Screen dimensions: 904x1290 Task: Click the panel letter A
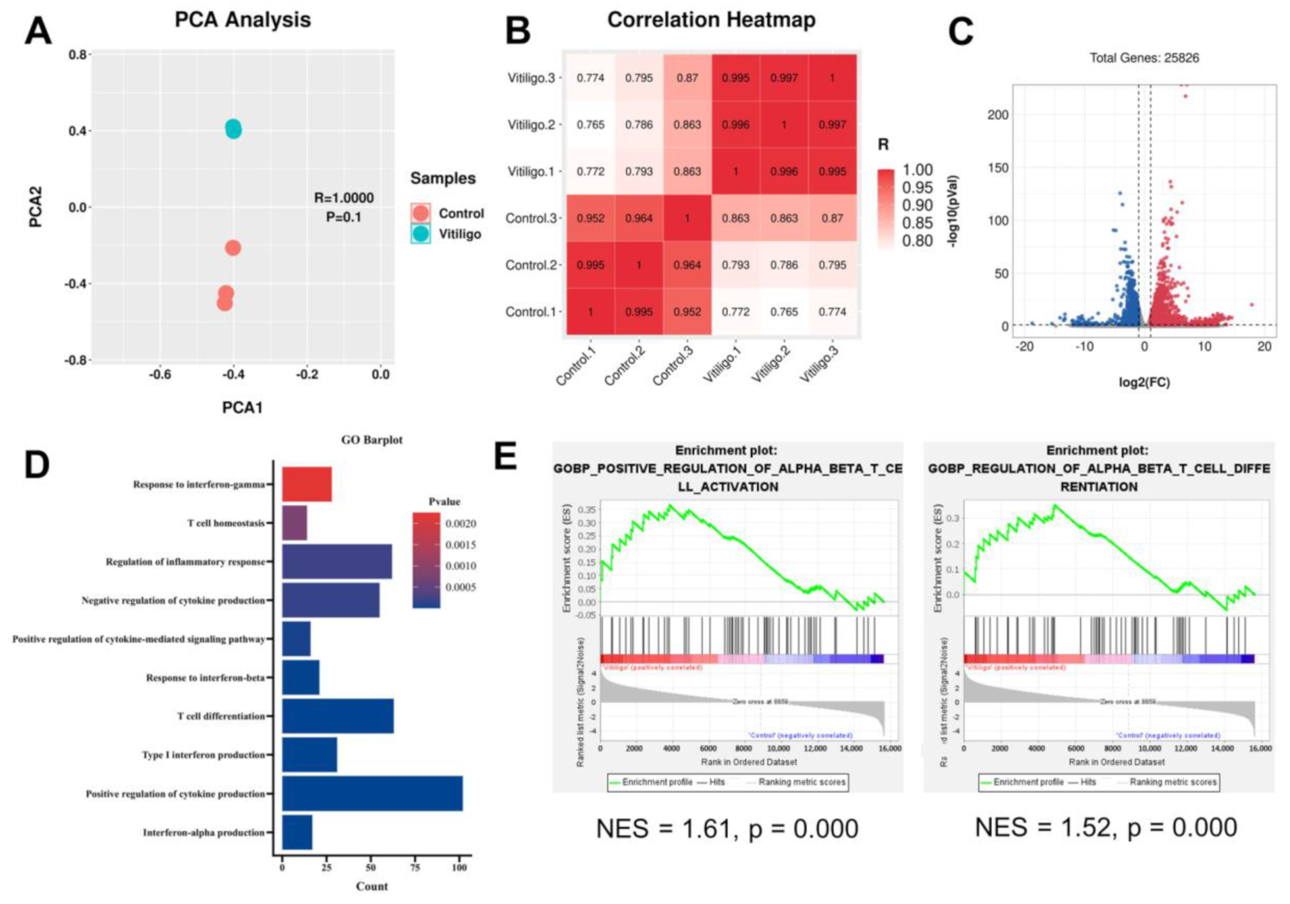coord(38,31)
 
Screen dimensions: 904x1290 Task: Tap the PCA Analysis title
coord(242,19)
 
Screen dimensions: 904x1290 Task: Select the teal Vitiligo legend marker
coord(420,234)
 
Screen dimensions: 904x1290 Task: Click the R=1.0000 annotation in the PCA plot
coord(343,198)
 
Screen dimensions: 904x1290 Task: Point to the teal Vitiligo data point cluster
coord(234,129)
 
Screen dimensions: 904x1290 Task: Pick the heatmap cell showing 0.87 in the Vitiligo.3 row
coord(687,78)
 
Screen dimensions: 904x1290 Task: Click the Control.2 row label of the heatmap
coord(531,265)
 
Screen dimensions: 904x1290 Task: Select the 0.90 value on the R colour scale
coord(917,205)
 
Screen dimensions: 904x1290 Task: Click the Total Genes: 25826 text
coord(1144,58)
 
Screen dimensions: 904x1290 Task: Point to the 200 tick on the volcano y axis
coord(998,115)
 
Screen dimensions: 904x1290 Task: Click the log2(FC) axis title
coord(1144,382)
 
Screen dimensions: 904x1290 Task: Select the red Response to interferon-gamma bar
coord(307,484)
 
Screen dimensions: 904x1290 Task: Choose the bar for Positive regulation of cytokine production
coord(372,793)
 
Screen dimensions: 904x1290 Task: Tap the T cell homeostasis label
coord(226,523)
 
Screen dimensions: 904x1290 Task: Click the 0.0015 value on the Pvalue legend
coord(461,545)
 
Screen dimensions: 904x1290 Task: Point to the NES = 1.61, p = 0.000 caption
coord(727,829)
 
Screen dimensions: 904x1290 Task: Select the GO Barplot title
coord(372,440)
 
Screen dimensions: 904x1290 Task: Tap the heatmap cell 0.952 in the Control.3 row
coord(590,218)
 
